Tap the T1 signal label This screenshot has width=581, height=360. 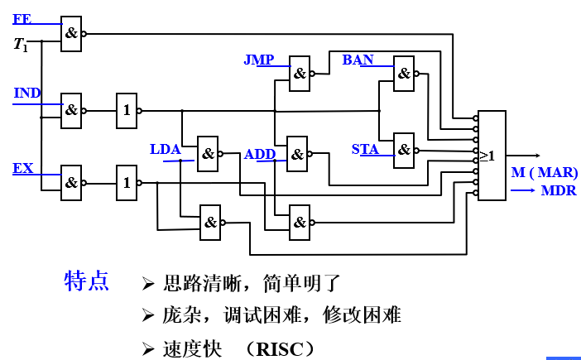(x=21, y=45)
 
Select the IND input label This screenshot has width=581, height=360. (x=27, y=93)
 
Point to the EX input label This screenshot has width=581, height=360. (x=23, y=168)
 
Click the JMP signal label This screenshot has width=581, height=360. (x=258, y=60)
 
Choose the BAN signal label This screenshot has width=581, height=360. (x=358, y=60)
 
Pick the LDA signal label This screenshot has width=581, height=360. (x=165, y=150)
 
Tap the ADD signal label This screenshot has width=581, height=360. (x=260, y=155)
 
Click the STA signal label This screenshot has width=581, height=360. (x=365, y=150)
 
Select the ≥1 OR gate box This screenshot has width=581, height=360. (x=492, y=156)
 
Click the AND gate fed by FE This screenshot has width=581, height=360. (x=72, y=34)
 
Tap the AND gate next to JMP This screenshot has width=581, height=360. (x=300, y=73)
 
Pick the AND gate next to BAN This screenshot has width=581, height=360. (x=404, y=73)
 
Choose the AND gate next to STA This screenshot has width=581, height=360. (x=404, y=150)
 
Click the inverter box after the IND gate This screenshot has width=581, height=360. (x=127, y=110)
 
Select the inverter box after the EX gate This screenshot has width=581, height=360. (x=127, y=183)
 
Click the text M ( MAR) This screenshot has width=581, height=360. (x=544, y=173)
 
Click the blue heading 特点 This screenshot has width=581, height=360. (x=86, y=282)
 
